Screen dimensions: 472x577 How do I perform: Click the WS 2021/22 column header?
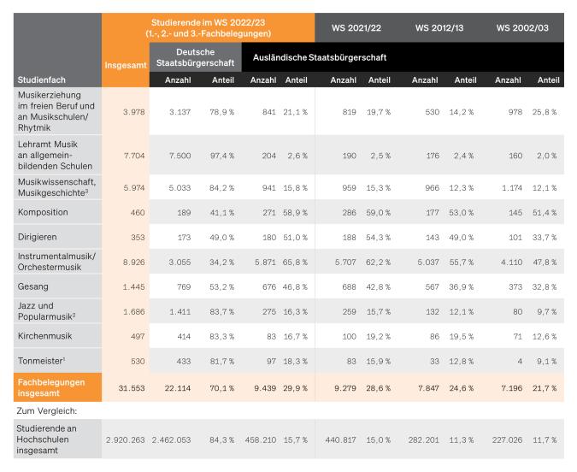pyautogui.click(x=356, y=27)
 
